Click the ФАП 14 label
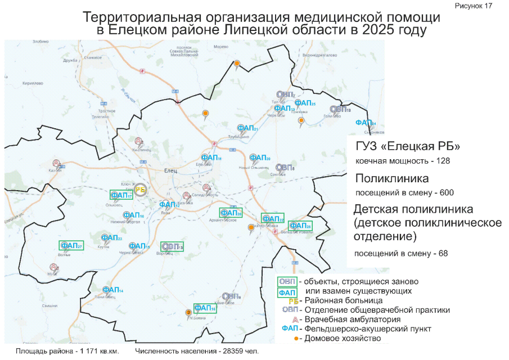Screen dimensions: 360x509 [113, 290]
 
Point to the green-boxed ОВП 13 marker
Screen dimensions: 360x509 [172, 246]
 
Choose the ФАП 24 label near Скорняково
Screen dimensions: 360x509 [365, 123]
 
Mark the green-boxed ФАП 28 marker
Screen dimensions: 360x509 [300, 225]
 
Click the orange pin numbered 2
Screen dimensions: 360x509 [188, 312]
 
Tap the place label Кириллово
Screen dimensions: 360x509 [33, 83]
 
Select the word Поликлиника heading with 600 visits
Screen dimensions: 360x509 [392, 178]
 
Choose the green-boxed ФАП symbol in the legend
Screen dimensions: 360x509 [287, 292]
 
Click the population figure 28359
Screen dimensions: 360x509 [232, 351]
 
